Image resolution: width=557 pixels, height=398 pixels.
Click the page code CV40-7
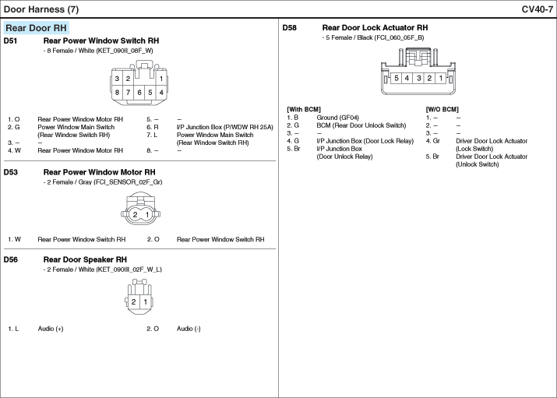coord(538,9)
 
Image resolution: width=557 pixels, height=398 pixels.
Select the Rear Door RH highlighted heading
coord(37,28)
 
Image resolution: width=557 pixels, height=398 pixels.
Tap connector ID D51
coord(10,41)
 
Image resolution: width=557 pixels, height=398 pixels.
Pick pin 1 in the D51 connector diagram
coord(161,79)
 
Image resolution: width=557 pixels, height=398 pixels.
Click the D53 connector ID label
coord(10,172)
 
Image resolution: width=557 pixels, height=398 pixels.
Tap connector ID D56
coord(10,259)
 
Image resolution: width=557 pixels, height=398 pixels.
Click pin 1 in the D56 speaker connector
coord(145,301)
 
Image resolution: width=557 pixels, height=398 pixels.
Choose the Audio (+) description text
coord(51,329)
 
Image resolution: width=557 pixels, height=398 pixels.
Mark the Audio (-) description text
coord(189,329)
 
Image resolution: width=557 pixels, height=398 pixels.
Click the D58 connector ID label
coord(289,28)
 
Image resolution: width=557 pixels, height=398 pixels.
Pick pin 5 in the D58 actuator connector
coord(397,78)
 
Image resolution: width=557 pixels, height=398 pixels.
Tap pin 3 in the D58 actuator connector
coord(418,78)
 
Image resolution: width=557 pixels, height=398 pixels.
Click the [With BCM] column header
coord(304,109)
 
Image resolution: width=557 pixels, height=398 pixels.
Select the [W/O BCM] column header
coord(442,109)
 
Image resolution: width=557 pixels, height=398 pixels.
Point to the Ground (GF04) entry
coord(337,118)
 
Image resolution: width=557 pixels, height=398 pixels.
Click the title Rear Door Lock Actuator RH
coord(375,28)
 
